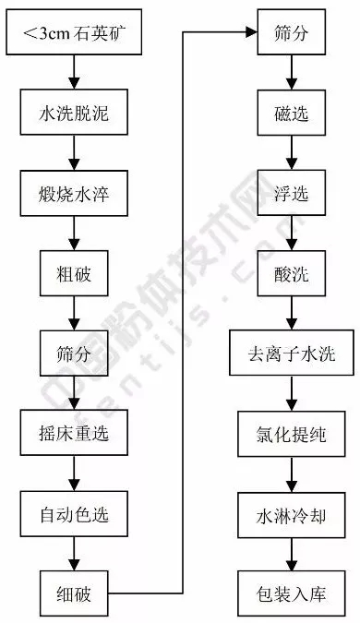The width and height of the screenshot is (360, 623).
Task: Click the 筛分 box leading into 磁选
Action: [292, 33]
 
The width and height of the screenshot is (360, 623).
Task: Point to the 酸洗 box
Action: [292, 273]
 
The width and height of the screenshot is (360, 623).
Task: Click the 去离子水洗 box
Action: [292, 352]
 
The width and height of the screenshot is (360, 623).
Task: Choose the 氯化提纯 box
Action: [292, 432]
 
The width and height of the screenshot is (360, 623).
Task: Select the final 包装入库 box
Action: [292, 588]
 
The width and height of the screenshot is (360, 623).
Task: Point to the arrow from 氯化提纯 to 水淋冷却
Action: [292, 472]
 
